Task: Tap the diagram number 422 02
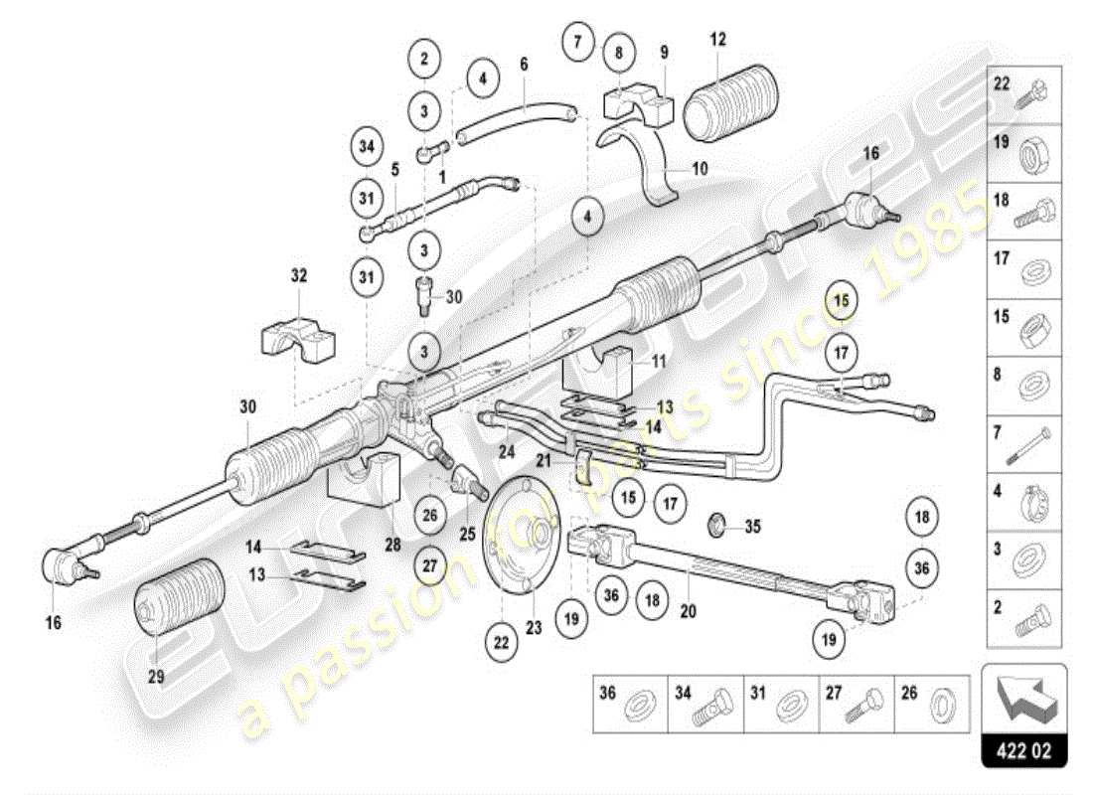click(x=1023, y=750)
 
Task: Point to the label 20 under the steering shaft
click(x=687, y=612)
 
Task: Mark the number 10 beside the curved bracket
click(x=701, y=170)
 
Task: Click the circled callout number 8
click(x=618, y=51)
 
